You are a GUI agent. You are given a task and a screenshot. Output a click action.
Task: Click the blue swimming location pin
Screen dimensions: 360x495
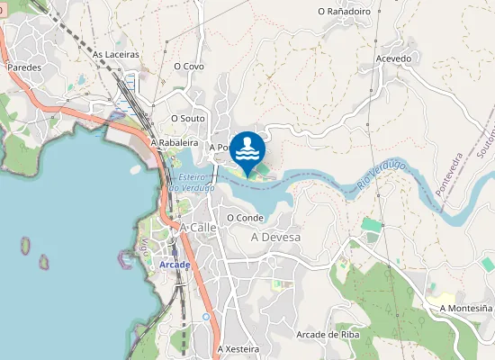point(247,147)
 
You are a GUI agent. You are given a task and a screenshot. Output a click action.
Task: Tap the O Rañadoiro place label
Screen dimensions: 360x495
point(345,12)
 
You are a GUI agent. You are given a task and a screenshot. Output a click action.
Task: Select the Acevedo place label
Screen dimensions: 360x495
point(393,58)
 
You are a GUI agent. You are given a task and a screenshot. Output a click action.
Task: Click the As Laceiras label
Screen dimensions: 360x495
point(115,54)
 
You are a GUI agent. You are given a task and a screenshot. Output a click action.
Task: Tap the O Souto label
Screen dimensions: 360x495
point(188,118)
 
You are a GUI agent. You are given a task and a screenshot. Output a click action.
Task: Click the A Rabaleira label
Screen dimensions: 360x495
point(174,142)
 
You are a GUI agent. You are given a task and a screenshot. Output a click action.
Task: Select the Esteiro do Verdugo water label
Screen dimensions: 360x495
point(192,183)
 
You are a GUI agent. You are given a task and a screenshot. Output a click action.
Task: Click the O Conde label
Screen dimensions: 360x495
point(245,217)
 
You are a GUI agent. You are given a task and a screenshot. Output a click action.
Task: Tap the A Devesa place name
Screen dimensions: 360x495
point(275,237)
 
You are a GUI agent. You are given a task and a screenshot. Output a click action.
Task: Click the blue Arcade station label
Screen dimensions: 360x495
point(175,265)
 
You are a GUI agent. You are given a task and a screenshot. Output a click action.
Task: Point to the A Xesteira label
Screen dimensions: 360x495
point(238,348)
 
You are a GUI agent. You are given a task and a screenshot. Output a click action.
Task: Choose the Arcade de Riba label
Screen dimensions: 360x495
point(328,335)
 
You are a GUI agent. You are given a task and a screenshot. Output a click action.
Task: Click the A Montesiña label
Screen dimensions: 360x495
point(465,308)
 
